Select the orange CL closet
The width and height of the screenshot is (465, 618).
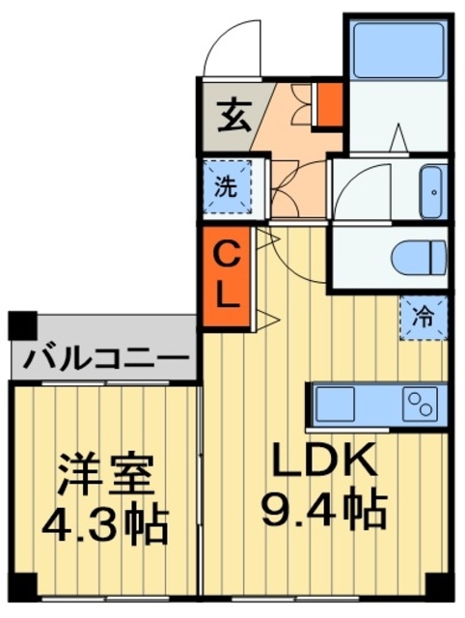pos(226,275)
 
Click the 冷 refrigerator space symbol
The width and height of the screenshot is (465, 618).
pos(424,314)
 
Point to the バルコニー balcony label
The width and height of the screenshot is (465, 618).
pos(106,358)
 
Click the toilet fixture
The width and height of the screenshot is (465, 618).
pos(421,257)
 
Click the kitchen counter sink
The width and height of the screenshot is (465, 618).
pos(334,402)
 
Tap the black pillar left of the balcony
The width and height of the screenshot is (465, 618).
pos(21,324)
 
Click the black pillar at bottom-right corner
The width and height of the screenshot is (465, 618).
pos(439,586)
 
